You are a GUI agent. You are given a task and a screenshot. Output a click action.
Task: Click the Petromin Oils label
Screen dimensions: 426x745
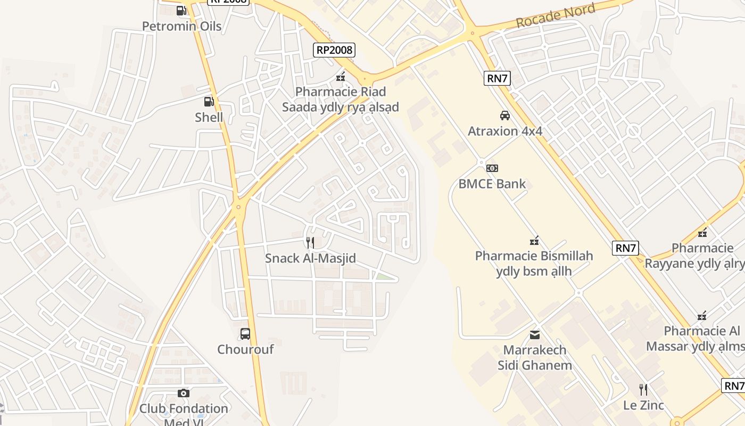(x=181, y=26)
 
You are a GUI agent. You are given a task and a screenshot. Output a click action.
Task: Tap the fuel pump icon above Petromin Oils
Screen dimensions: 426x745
(x=181, y=10)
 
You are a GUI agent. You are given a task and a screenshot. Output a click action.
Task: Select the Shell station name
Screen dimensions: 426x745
(x=209, y=117)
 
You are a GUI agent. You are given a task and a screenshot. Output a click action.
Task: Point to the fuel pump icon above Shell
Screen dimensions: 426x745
(x=209, y=101)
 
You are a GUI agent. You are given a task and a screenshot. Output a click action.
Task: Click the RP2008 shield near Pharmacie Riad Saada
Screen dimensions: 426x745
(x=334, y=50)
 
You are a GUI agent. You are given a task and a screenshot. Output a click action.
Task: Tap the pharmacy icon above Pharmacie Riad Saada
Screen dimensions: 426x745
(x=341, y=77)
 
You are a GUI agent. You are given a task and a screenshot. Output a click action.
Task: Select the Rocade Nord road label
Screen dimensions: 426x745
(x=555, y=16)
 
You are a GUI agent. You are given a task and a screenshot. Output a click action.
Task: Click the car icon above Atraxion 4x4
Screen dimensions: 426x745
(x=504, y=115)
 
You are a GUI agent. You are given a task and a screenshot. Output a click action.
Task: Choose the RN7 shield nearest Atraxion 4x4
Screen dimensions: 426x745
(x=498, y=78)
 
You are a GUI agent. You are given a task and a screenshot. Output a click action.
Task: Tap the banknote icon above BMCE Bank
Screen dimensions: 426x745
(x=492, y=168)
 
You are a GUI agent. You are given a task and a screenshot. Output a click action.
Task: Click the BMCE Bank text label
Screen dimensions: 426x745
(x=492, y=184)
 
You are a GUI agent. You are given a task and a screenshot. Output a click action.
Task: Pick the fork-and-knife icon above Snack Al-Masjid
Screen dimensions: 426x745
(x=310, y=243)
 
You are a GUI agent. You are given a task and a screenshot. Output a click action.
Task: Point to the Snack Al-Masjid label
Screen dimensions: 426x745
(x=310, y=258)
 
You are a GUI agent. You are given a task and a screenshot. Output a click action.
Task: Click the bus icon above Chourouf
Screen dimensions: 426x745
(x=245, y=334)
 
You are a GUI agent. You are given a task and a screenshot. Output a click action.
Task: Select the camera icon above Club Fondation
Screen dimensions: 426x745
(x=184, y=393)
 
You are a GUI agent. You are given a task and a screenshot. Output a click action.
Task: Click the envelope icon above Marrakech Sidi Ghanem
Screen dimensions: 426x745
(x=535, y=334)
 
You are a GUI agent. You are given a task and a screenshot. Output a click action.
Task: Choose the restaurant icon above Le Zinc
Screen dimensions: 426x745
(x=643, y=390)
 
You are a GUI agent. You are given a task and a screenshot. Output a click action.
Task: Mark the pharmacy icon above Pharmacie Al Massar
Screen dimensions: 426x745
(x=702, y=316)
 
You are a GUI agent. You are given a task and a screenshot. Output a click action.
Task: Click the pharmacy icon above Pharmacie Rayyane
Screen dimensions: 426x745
(x=702, y=233)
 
